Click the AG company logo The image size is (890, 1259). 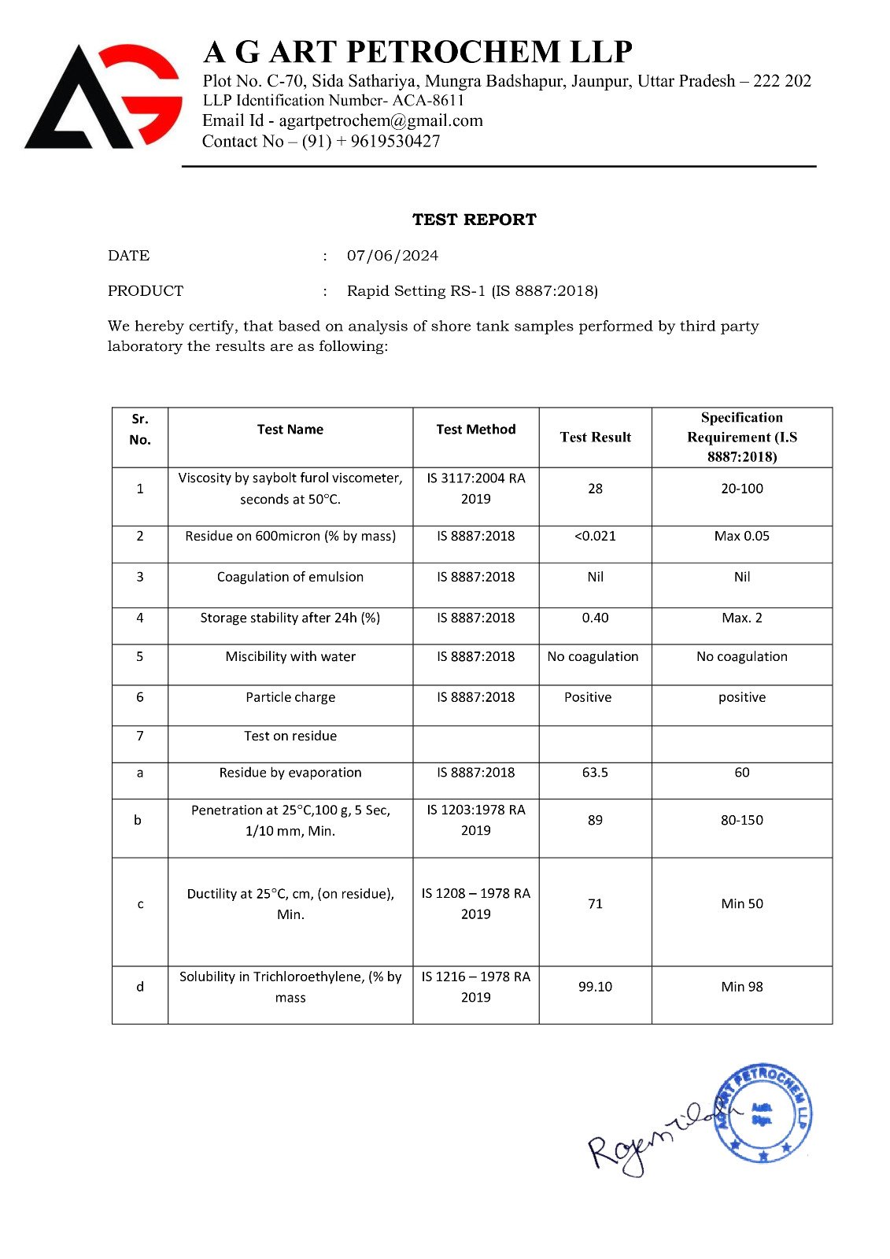(x=103, y=96)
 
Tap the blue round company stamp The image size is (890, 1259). (x=763, y=1113)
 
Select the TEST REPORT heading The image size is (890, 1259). (x=474, y=220)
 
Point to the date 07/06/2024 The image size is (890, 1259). (x=393, y=256)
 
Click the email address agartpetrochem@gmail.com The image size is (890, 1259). (x=381, y=120)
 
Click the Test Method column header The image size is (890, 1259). (x=475, y=430)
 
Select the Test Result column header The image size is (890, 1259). (x=595, y=438)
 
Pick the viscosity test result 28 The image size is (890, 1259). (x=595, y=489)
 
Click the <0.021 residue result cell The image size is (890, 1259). (x=595, y=536)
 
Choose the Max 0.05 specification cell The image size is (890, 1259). (x=741, y=536)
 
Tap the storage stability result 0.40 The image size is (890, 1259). (x=595, y=618)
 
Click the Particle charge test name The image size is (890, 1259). (x=290, y=697)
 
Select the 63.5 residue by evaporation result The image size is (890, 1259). (x=595, y=773)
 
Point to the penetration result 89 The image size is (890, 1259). (x=595, y=820)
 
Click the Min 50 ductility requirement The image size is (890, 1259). (x=741, y=904)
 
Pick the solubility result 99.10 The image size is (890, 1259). (x=595, y=987)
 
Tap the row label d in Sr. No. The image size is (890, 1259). (x=140, y=987)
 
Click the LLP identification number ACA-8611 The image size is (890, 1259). (x=428, y=101)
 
